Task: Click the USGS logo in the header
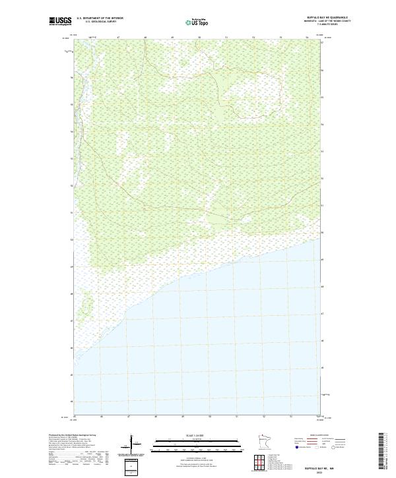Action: point(61,21)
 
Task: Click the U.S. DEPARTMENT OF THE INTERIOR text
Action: point(100,18)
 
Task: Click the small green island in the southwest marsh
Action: point(86,304)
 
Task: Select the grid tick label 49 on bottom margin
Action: point(182,417)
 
